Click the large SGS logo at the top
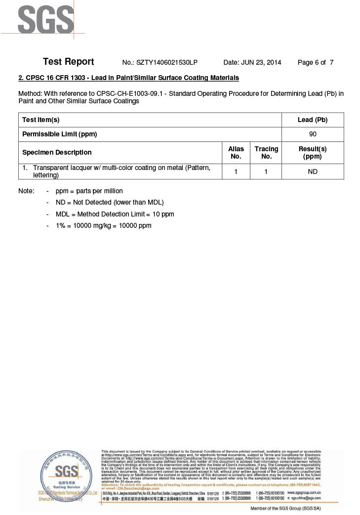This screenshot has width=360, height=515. point(45,19)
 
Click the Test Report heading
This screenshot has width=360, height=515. point(68,62)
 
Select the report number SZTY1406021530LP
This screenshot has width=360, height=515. point(160,63)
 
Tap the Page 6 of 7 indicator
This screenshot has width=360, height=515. point(315,63)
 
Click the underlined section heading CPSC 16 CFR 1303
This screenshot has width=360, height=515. point(128,78)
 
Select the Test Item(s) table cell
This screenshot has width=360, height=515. point(41,120)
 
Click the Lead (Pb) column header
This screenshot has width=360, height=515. point(313,120)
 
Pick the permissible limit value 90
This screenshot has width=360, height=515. point(313,134)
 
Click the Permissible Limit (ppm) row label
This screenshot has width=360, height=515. point(59,134)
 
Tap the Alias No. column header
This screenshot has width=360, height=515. point(236,153)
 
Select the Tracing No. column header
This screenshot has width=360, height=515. point(266,153)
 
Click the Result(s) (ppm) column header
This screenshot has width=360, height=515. point(313,153)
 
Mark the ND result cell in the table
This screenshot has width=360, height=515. point(313,172)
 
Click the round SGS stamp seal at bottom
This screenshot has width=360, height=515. point(66,474)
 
